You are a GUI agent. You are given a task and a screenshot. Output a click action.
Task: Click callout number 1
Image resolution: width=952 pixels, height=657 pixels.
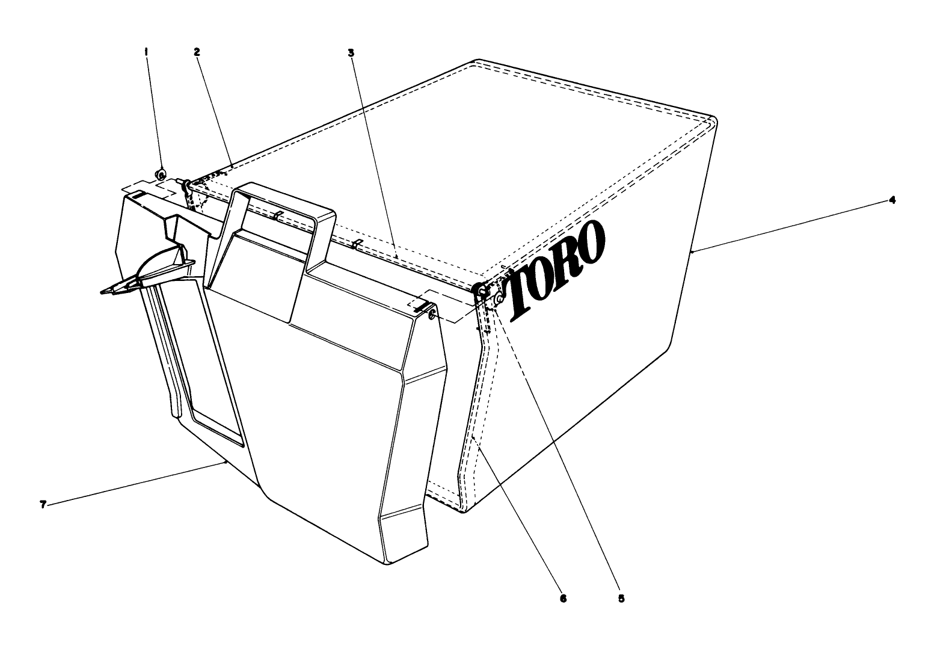click(146, 52)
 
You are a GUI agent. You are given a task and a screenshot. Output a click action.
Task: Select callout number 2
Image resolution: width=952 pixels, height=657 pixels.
click(197, 52)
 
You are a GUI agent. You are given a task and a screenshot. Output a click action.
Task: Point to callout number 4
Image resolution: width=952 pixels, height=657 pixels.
click(892, 200)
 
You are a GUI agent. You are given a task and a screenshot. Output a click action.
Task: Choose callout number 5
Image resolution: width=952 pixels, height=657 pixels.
click(621, 599)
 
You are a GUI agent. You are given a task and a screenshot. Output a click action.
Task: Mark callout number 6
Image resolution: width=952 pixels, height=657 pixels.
click(564, 599)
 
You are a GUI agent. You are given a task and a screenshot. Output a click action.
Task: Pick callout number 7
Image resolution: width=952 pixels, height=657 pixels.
click(43, 505)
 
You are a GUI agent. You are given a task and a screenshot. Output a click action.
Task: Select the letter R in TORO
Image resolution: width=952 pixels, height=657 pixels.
click(565, 259)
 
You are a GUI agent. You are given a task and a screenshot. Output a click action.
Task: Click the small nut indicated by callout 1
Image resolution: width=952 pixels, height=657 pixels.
click(161, 174)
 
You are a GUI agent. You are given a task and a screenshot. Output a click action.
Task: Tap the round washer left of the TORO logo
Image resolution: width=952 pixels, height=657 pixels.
click(499, 299)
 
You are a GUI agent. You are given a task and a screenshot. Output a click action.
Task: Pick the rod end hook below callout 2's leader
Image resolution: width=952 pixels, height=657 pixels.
click(187, 183)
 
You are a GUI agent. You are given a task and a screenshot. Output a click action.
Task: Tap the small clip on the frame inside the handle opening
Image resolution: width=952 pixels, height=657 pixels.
click(276, 216)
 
